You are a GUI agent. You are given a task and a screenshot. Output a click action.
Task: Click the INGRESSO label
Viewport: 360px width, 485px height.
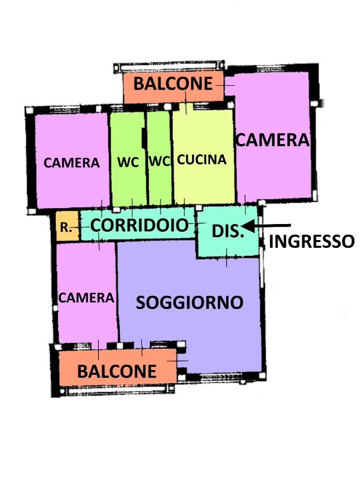[311, 241]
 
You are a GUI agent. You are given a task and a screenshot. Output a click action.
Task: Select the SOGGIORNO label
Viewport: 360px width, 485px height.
[189, 302]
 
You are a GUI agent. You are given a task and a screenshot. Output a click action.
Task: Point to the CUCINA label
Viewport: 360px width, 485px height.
[202, 160]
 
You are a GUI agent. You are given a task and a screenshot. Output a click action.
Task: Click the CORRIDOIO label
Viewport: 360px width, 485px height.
[139, 225]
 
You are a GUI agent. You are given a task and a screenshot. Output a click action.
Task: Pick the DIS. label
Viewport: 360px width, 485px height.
[228, 231]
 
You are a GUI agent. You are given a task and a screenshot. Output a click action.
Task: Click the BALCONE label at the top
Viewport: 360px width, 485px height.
[173, 83]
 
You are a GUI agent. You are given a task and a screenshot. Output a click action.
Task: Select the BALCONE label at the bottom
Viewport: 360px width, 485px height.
[117, 371]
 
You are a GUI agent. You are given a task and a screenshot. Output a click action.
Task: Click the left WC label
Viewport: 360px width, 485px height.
[128, 162]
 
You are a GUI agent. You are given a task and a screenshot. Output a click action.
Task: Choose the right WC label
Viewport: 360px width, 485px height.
[160, 161]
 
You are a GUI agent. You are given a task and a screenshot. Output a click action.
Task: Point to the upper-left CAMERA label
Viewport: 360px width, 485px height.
[71, 162]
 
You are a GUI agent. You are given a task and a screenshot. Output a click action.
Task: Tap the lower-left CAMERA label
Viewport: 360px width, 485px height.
[86, 298]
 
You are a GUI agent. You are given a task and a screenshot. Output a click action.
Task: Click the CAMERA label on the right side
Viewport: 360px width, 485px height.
[273, 140]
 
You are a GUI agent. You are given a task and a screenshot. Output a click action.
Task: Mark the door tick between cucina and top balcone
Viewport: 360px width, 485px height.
[186, 103]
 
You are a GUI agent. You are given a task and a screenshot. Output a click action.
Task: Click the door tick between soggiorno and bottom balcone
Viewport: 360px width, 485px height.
[178, 361]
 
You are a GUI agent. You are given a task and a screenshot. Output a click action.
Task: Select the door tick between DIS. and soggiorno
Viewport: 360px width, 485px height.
[227, 258]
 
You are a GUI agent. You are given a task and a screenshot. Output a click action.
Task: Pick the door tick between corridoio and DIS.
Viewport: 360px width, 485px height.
[197, 223]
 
